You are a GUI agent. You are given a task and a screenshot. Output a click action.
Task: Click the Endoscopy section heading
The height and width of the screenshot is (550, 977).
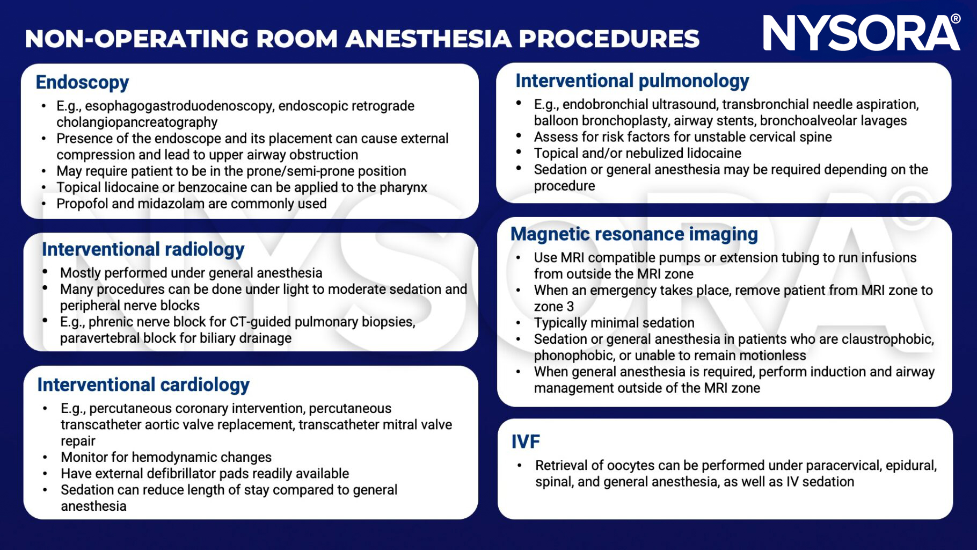[x=82, y=82]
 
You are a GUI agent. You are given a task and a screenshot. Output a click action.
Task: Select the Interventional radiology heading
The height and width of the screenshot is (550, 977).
[x=143, y=249]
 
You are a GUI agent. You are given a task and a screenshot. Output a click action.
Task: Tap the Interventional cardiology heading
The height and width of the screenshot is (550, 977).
[x=143, y=385]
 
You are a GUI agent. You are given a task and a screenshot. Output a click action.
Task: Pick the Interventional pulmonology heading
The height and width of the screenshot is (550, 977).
[x=632, y=81]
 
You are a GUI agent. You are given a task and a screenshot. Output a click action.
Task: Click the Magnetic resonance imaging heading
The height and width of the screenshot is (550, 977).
[x=634, y=234]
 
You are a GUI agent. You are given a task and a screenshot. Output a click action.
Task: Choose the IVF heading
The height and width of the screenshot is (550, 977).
[x=525, y=442]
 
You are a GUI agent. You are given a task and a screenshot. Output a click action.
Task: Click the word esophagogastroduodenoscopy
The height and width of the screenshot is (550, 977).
[x=179, y=106]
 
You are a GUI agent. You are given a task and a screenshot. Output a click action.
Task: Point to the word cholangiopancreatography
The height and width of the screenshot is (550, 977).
[x=137, y=122]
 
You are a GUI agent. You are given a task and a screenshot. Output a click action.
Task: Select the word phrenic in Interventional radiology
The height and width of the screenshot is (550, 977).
[x=111, y=322]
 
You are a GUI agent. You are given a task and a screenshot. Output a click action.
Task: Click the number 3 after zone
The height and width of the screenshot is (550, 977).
[x=570, y=307]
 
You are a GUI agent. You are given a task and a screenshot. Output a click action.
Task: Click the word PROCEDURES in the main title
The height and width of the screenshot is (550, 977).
[x=609, y=39]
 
